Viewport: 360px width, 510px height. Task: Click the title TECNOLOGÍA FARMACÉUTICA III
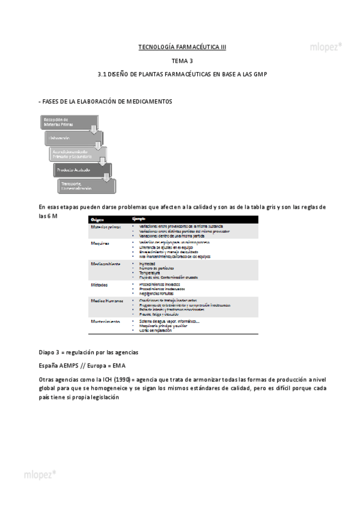pos(182,47)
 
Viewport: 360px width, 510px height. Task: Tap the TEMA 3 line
pos(182,61)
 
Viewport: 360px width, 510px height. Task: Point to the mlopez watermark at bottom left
pos(40,474)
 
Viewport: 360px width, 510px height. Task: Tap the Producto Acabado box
pos(78,170)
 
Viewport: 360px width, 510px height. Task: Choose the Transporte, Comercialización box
pos(79,186)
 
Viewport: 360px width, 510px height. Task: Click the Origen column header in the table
pos(98,219)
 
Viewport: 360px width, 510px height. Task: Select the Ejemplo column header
pos(139,219)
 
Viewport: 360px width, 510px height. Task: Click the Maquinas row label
pos(100,244)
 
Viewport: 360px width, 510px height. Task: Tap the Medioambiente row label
pos(106,264)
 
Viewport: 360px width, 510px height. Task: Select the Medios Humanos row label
pos(107,300)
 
